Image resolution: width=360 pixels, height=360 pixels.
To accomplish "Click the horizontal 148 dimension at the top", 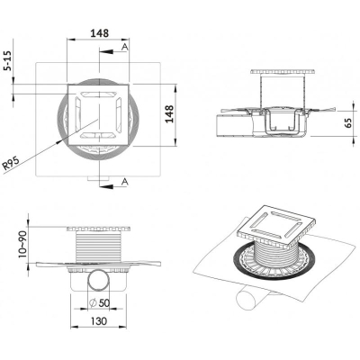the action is pyautogui.click(x=100, y=33).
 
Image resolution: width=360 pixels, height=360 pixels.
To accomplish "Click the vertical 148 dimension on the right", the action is pyautogui.click(x=170, y=113).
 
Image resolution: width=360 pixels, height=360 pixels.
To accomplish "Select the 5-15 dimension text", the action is pyautogui.click(x=8, y=60).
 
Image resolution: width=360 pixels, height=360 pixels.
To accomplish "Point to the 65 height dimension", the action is pyautogui.click(x=348, y=123).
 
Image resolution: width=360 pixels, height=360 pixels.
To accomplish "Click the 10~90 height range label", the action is pyautogui.click(x=22, y=245).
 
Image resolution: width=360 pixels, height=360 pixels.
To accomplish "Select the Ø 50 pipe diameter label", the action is pyautogui.click(x=100, y=303).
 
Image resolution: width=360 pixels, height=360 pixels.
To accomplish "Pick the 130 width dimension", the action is pyautogui.click(x=98, y=321).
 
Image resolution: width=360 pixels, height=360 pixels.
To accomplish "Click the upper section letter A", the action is pyautogui.click(x=125, y=46).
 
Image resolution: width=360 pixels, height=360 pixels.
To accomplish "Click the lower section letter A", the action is pyautogui.click(x=125, y=182).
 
